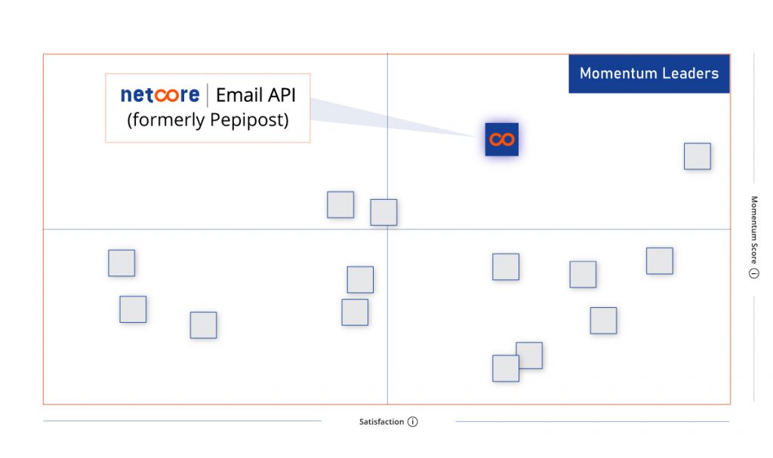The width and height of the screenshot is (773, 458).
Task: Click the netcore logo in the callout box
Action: click(x=160, y=94)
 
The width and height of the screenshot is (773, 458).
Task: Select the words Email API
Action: click(x=255, y=95)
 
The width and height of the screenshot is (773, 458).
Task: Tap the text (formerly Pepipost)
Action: click(x=208, y=120)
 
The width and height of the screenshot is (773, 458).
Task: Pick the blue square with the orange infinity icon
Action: click(x=501, y=140)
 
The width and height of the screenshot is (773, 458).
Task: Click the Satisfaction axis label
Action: click(x=381, y=422)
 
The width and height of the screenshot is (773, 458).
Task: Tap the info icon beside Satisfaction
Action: click(x=413, y=422)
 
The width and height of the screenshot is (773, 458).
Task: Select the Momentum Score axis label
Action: click(x=754, y=229)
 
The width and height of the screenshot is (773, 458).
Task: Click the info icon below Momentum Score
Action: click(x=754, y=273)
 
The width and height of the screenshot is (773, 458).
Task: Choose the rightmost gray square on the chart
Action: click(x=697, y=156)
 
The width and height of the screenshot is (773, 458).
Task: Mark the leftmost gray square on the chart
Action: click(x=122, y=263)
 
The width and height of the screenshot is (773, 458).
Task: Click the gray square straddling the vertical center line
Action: click(x=383, y=213)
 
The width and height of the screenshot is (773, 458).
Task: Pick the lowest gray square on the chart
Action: click(x=505, y=368)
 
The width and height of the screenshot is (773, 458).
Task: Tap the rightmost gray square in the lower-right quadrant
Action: click(x=660, y=261)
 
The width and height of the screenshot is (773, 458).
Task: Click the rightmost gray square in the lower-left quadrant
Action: click(x=360, y=279)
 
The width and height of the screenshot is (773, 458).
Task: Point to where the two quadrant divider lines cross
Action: click(x=387, y=229)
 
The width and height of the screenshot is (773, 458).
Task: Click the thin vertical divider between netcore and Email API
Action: click(x=208, y=95)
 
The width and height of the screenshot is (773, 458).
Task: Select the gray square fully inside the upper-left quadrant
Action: click(x=340, y=204)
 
